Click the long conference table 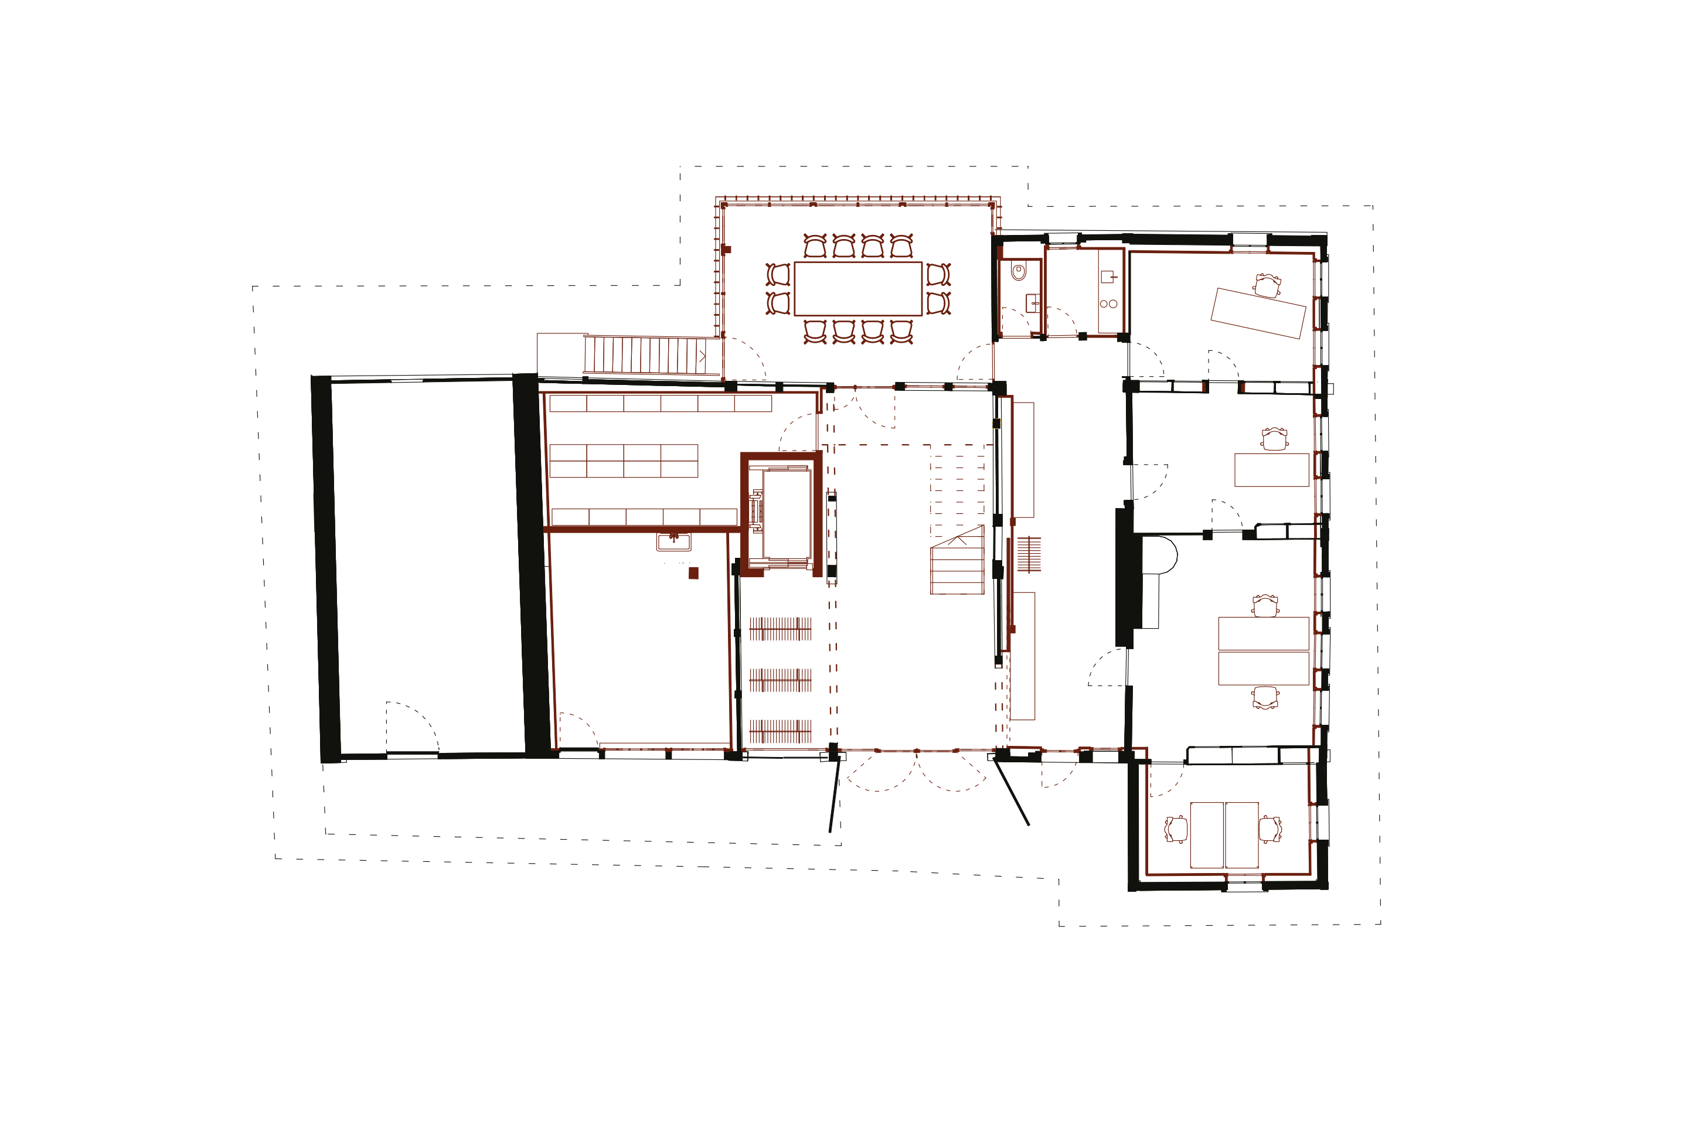pyautogui.click(x=857, y=288)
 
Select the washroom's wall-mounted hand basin pyautogui.click(x=1032, y=301)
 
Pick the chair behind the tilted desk pyautogui.click(x=1267, y=285)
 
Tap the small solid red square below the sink pyautogui.click(x=693, y=573)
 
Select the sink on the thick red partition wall pyautogui.click(x=673, y=541)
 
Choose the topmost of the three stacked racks pyautogui.click(x=780, y=629)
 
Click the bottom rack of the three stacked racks pyautogui.click(x=780, y=732)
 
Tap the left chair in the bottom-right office pyautogui.click(x=1176, y=830)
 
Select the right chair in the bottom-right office pyautogui.click(x=1270, y=830)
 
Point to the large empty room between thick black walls pyautogui.click(x=428, y=567)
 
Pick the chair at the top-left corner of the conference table pyautogui.click(x=815, y=246)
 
